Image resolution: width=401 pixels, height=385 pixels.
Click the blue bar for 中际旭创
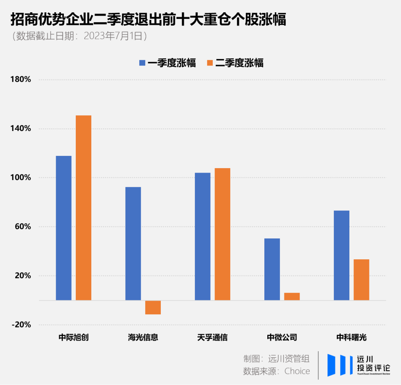coord(63,228)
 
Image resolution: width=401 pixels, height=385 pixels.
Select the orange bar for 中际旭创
coord(84,208)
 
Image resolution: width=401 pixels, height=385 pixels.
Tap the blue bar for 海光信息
coord(133,243)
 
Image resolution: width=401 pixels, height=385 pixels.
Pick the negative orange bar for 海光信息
coord(153,307)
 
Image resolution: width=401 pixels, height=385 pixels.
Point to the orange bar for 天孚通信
coord(222,234)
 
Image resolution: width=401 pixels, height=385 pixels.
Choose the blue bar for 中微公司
coord(272,269)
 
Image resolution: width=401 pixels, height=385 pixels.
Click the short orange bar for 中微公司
coord(292,296)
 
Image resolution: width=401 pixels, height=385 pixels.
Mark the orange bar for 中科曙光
coord(361,279)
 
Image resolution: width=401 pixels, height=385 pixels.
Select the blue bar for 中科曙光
coord(342,255)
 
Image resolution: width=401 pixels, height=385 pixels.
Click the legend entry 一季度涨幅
coord(167,63)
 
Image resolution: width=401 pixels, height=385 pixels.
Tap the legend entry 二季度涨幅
coord(235,63)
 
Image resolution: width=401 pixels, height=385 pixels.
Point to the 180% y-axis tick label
coord(23,80)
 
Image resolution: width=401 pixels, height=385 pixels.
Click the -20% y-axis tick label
coord(22,325)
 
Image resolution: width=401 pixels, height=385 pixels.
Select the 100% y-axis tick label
coord(23,177)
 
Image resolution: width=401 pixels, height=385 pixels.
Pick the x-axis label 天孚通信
coord(212,338)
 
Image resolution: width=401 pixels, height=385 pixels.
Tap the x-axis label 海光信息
coord(143,338)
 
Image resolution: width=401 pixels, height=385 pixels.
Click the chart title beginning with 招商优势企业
coord(149,20)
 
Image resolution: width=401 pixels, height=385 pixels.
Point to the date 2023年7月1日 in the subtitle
coord(113,36)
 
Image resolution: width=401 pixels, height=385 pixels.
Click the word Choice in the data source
coord(297,371)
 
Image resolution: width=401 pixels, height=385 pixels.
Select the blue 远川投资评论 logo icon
coord(340,365)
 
